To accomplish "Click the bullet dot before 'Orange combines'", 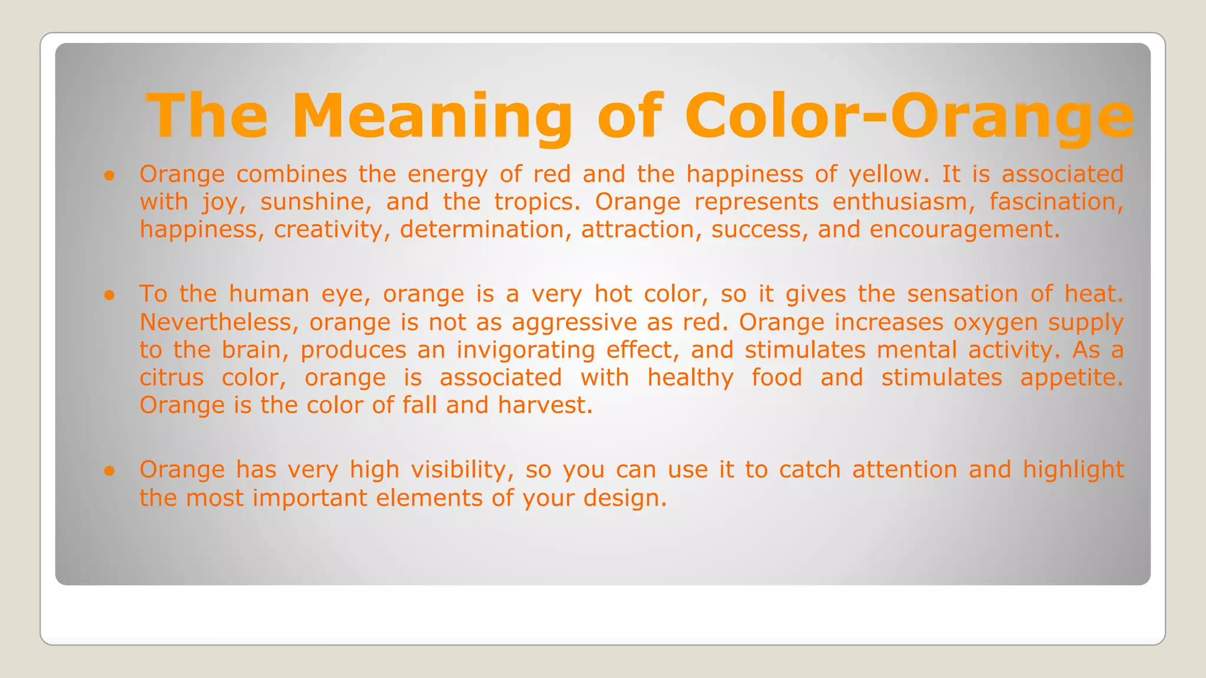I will point(109,175).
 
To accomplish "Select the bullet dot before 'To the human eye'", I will point(109,295).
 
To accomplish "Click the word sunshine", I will point(316,202).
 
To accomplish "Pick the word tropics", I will point(537,202).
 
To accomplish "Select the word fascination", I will point(1056,202).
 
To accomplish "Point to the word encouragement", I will point(964,230).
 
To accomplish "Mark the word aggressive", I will point(574,323).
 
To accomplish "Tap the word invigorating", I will point(526,351).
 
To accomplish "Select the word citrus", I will point(171,378).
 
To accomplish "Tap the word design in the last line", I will point(625,498).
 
